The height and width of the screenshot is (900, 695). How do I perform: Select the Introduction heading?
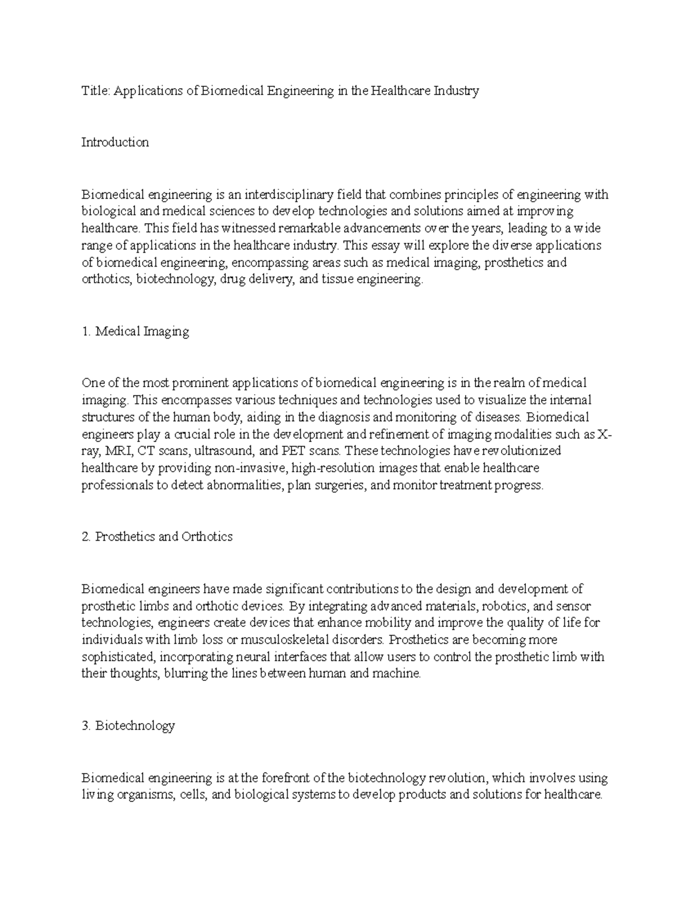point(115,143)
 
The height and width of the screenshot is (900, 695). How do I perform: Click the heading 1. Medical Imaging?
point(136,331)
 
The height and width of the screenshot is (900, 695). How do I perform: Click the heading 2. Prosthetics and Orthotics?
point(157,537)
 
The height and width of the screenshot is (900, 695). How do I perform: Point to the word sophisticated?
point(118,657)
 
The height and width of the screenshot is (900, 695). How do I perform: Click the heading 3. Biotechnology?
point(128,726)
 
